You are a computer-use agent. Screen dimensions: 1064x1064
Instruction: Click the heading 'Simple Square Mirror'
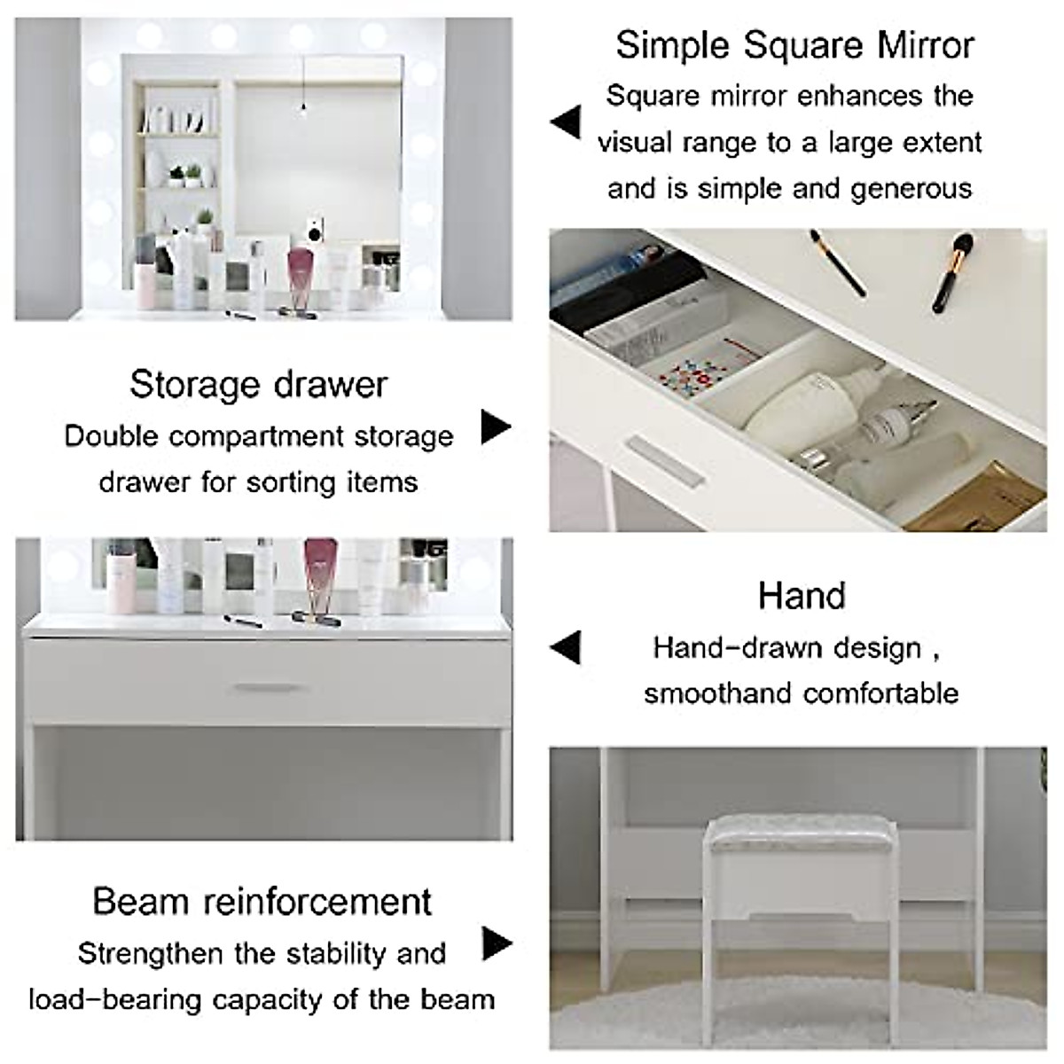tap(794, 45)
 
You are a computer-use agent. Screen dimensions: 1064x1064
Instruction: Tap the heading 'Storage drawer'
tap(258, 384)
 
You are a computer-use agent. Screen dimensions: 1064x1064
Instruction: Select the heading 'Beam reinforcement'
tap(262, 901)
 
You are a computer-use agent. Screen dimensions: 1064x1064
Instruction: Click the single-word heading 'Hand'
tap(802, 596)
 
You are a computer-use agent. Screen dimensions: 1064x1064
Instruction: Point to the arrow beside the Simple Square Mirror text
tap(566, 122)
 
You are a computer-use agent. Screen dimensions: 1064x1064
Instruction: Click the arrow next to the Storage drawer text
tap(496, 426)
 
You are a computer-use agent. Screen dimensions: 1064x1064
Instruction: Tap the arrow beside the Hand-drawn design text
tap(566, 647)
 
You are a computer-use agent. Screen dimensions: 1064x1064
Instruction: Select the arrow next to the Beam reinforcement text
tap(497, 943)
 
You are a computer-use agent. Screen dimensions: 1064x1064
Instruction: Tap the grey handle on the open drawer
tap(665, 458)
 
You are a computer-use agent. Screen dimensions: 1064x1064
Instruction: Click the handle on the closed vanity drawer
tap(263, 687)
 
